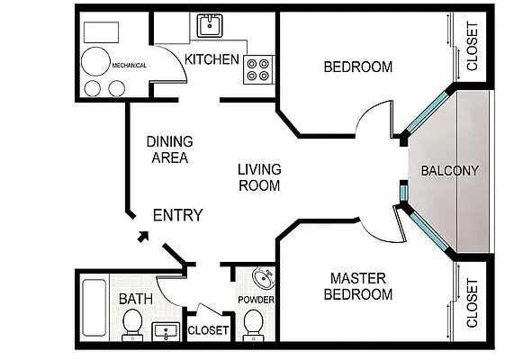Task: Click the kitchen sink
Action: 210,26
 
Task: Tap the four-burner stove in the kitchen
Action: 258,69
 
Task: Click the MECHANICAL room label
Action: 129,65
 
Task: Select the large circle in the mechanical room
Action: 95,61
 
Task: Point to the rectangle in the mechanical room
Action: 102,32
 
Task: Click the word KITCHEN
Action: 212,59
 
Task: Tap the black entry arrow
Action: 143,237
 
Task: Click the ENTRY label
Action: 178,215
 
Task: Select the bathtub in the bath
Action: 95,308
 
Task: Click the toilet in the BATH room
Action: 132,325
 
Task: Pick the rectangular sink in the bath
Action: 166,331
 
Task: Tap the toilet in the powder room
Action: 253,325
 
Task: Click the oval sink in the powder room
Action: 265,278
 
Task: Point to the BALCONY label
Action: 450,171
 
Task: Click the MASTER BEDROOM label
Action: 358,286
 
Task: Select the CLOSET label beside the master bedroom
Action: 472,303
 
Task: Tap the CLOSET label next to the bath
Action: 208,330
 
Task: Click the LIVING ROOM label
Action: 259,177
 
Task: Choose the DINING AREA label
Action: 170,149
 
